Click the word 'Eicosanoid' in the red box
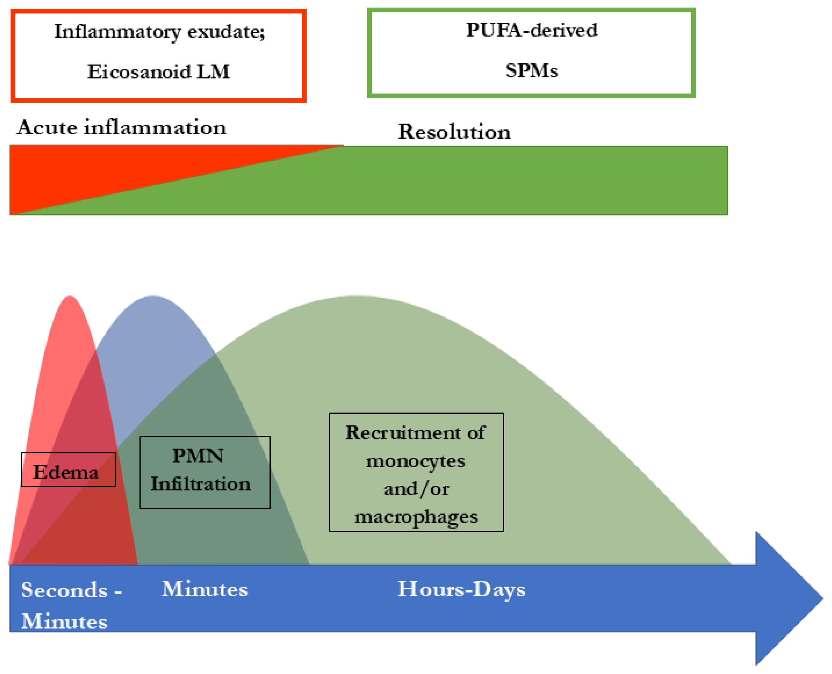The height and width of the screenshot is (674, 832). click(x=139, y=72)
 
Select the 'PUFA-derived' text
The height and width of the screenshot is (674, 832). click(x=531, y=30)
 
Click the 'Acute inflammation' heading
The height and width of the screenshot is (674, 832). click(x=122, y=127)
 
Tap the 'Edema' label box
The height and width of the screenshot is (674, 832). click(x=68, y=469)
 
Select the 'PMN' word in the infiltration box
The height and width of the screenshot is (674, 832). click(x=198, y=456)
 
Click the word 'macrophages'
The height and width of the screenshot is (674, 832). click(x=416, y=517)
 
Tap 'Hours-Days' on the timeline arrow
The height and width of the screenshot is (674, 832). click(x=461, y=589)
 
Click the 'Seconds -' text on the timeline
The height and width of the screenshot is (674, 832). click(x=72, y=590)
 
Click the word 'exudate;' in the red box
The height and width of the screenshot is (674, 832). click(x=226, y=31)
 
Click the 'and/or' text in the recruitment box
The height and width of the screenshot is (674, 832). click(x=416, y=489)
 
